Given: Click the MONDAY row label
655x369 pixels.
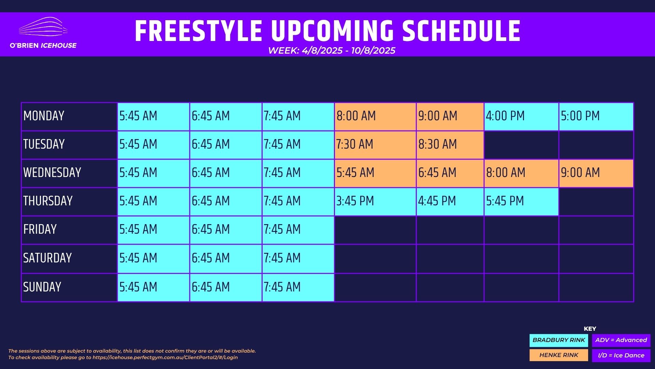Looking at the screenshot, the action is coord(44,116).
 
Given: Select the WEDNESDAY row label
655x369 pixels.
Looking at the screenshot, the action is coord(52,173).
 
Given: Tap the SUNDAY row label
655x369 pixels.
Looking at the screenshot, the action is coord(42,287).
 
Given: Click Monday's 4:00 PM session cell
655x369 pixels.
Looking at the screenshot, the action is coord(521,117).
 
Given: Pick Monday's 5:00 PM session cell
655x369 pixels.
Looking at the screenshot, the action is coord(596,117).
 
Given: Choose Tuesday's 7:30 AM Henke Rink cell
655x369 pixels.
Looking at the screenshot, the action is coord(375,145).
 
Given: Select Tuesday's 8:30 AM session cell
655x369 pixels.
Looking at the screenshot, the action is coord(450,145).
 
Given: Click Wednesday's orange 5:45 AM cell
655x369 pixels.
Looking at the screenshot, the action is coord(375,173).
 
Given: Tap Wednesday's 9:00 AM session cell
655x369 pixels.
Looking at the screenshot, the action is coord(596,173).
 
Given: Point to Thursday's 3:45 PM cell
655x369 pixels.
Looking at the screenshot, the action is coord(375,202).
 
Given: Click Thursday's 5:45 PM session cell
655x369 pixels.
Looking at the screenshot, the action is coord(521,202).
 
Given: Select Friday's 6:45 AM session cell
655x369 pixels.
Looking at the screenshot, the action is coord(226,230).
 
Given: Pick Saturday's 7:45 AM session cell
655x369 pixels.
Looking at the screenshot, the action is coord(298,259).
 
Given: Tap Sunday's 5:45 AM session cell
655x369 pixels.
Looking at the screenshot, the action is coord(154,287).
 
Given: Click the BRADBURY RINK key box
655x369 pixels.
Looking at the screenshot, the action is coord(559,340).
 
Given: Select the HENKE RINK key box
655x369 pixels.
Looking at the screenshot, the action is coord(559,355).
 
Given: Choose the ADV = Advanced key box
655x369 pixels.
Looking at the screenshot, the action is coord(621,340).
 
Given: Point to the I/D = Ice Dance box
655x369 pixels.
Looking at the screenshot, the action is coord(621,355).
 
